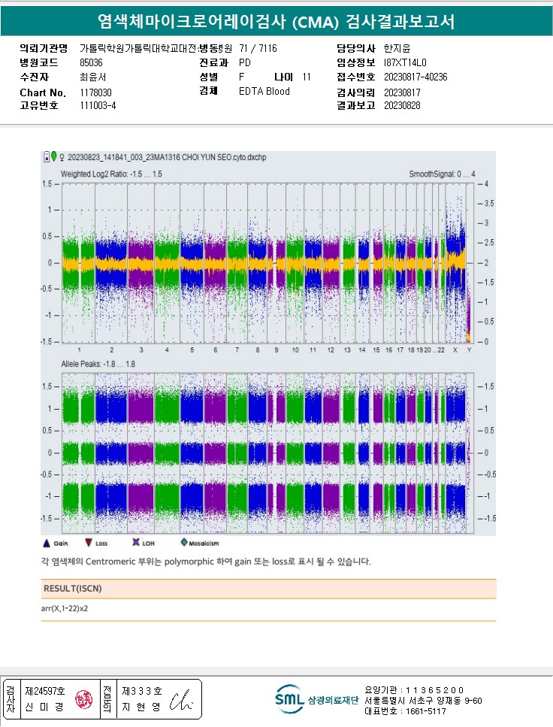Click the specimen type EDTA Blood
coord(264,92)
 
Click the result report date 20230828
coord(402,106)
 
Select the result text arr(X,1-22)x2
coord(71,608)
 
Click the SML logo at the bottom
coord(289,698)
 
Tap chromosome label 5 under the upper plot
coord(192,350)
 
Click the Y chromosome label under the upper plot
coord(469,350)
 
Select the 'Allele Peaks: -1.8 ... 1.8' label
coord(98,364)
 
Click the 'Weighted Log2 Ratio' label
coord(111,174)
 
